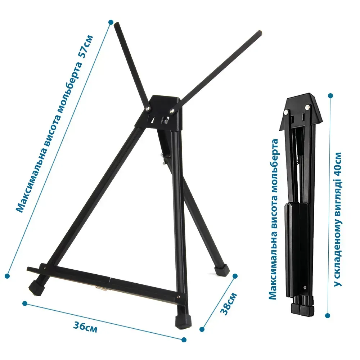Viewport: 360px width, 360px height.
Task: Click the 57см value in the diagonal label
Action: pyautogui.click(x=86, y=47)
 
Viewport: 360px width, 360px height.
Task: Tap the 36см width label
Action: pyautogui.click(x=85, y=327)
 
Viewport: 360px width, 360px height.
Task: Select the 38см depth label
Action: pyautogui.click(x=229, y=304)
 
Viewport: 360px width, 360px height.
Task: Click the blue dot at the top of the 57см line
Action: pyautogui.click(x=111, y=22)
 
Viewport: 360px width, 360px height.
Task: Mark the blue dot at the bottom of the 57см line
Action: pyautogui.click(x=7, y=276)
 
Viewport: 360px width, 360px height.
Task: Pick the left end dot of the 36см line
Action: pyautogui.click(x=25, y=303)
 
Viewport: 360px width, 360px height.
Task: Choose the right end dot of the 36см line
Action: pyautogui.click(x=184, y=339)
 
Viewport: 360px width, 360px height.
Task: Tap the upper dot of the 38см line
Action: pyautogui.click(x=235, y=276)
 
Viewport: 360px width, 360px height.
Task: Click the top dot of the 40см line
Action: pyautogui.click(x=330, y=96)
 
